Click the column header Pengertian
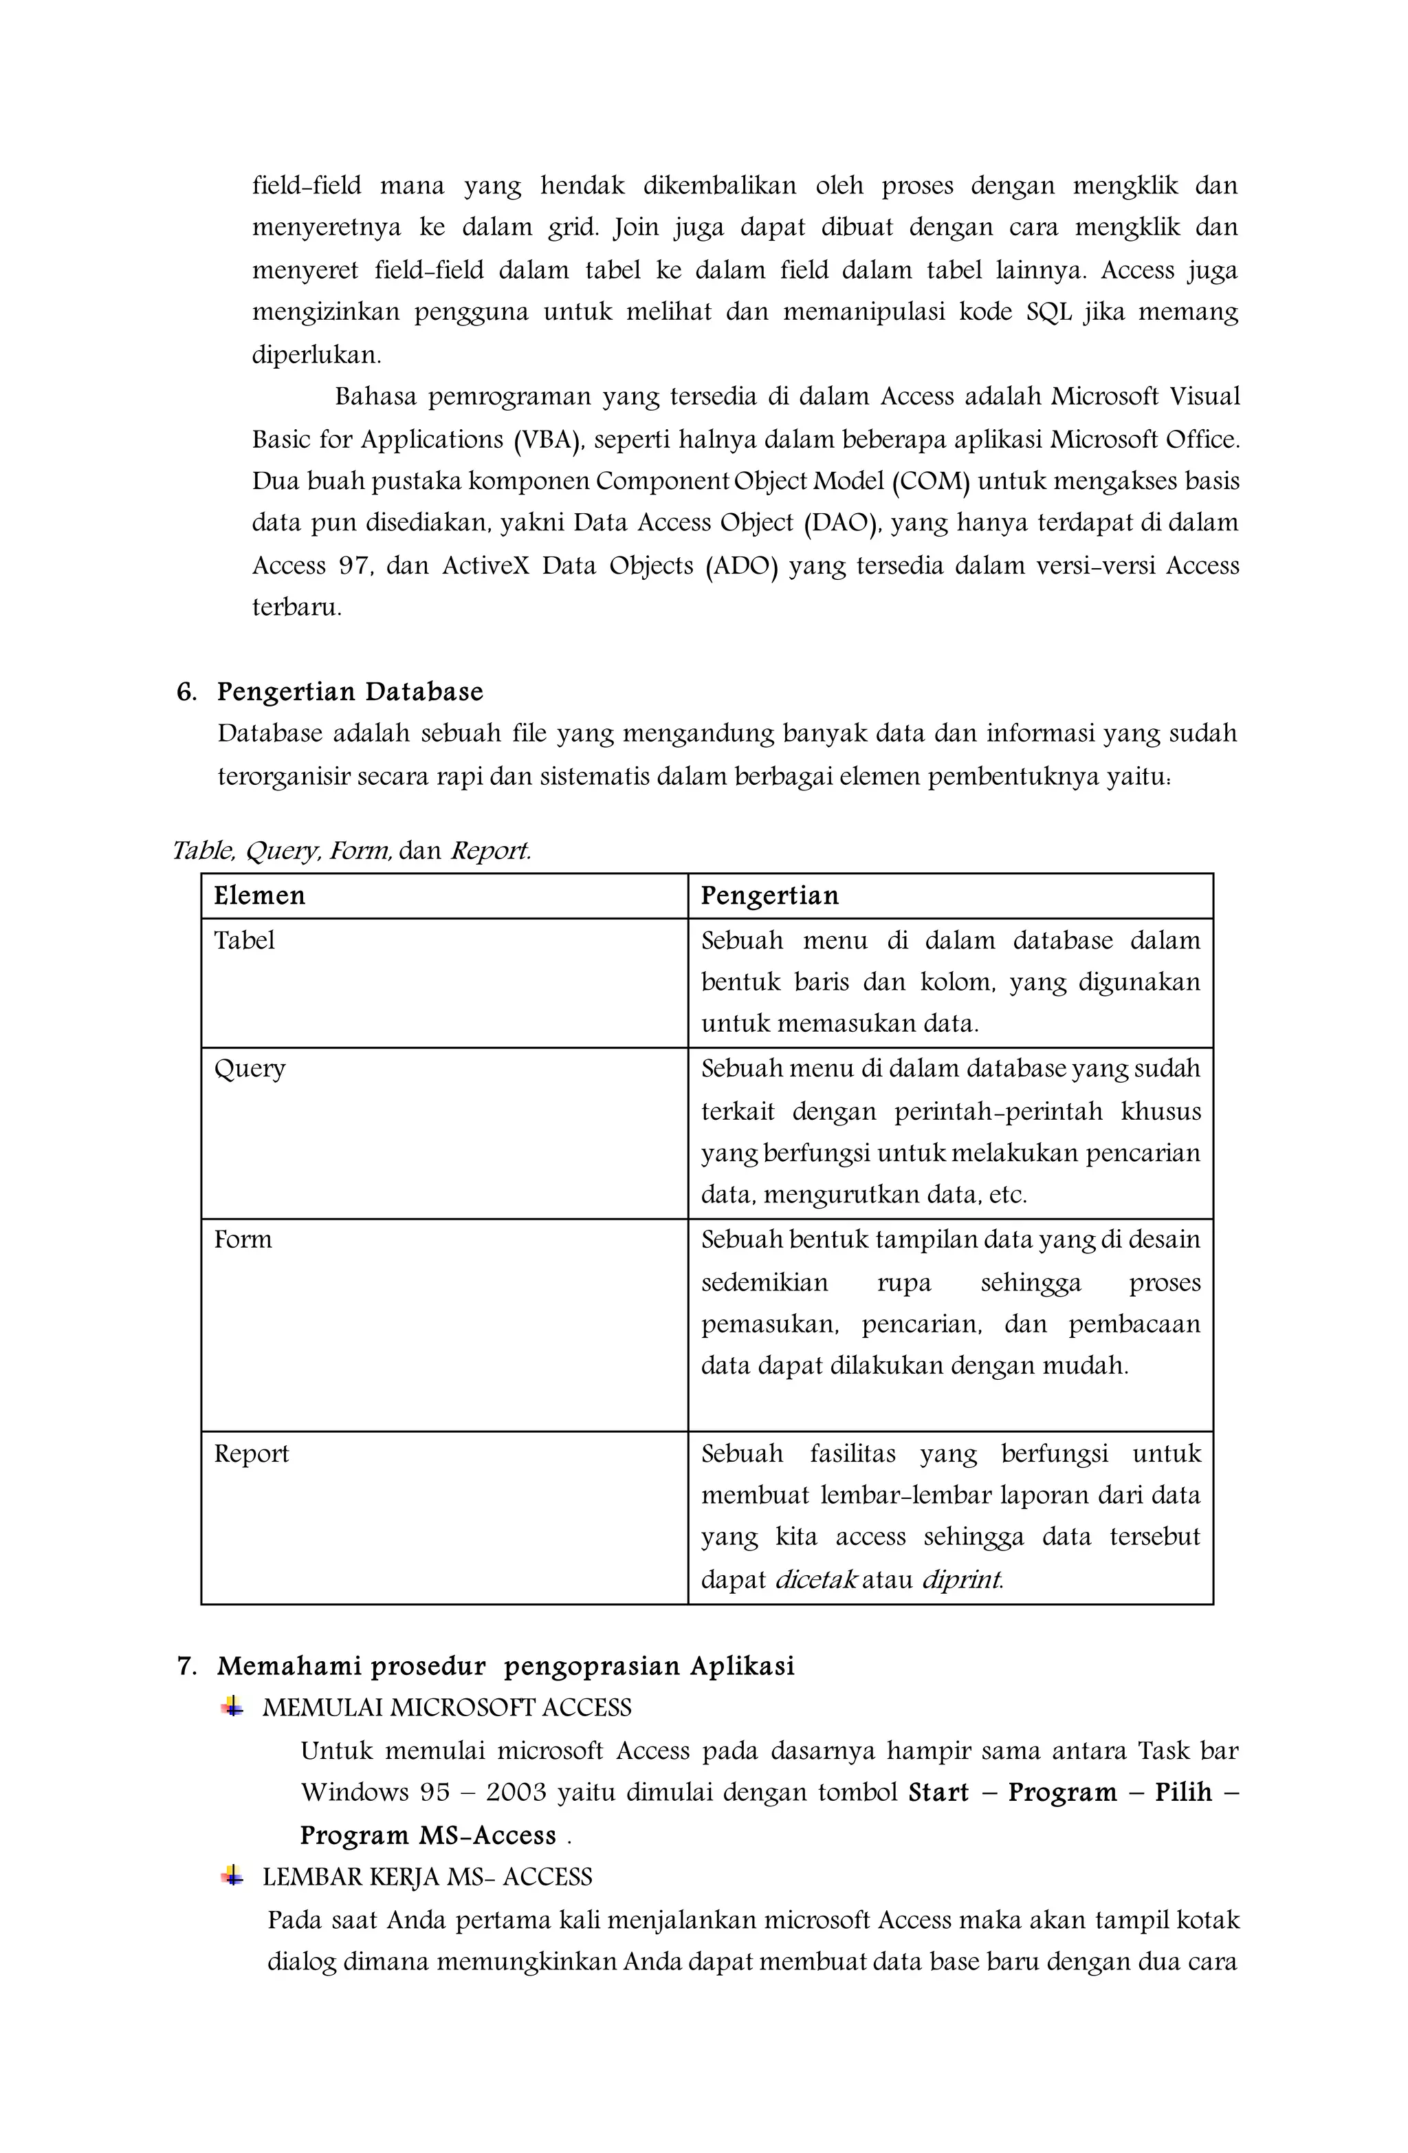[769, 896]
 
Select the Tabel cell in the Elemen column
[244, 941]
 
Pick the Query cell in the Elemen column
[250, 1069]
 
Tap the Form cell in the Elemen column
[243, 1240]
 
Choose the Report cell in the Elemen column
[252, 1453]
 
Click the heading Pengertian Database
[350, 692]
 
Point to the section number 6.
[186, 692]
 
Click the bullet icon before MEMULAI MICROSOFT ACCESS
[232, 1707]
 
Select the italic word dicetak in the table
[815, 1581]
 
